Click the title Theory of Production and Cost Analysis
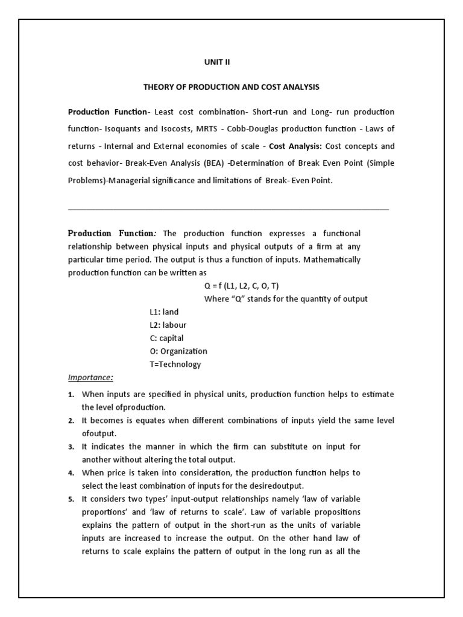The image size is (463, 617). click(x=231, y=87)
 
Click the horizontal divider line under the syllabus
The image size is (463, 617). click(x=228, y=209)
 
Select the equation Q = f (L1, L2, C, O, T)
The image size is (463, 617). click(x=242, y=286)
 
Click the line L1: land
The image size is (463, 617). click(x=164, y=312)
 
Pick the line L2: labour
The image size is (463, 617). click(x=168, y=325)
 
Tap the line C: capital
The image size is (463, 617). click(x=166, y=338)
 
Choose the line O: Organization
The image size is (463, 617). click(x=178, y=351)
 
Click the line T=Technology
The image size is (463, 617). click(x=175, y=365)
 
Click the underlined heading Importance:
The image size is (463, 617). click(x=90, y=378)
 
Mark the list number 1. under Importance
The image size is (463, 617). click(x=71, y=395)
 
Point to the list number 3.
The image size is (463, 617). click(x=71, y=447)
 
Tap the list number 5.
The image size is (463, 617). click(x=71, y=500)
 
